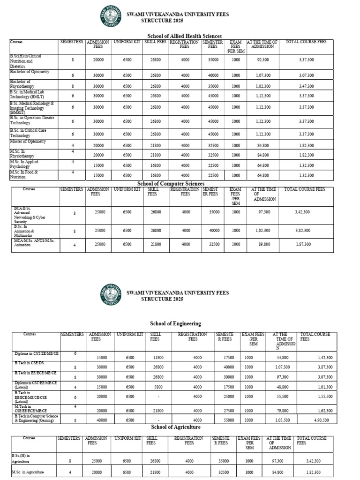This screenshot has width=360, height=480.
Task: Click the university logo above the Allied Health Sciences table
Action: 110,18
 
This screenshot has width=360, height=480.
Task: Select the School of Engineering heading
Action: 175,323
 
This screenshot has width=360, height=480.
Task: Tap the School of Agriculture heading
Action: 175,427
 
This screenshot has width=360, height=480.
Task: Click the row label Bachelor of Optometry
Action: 30,72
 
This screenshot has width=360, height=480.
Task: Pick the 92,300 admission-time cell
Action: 263,60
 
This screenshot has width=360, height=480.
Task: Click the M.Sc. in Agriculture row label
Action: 27,472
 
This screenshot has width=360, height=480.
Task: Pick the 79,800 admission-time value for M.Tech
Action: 278,410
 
